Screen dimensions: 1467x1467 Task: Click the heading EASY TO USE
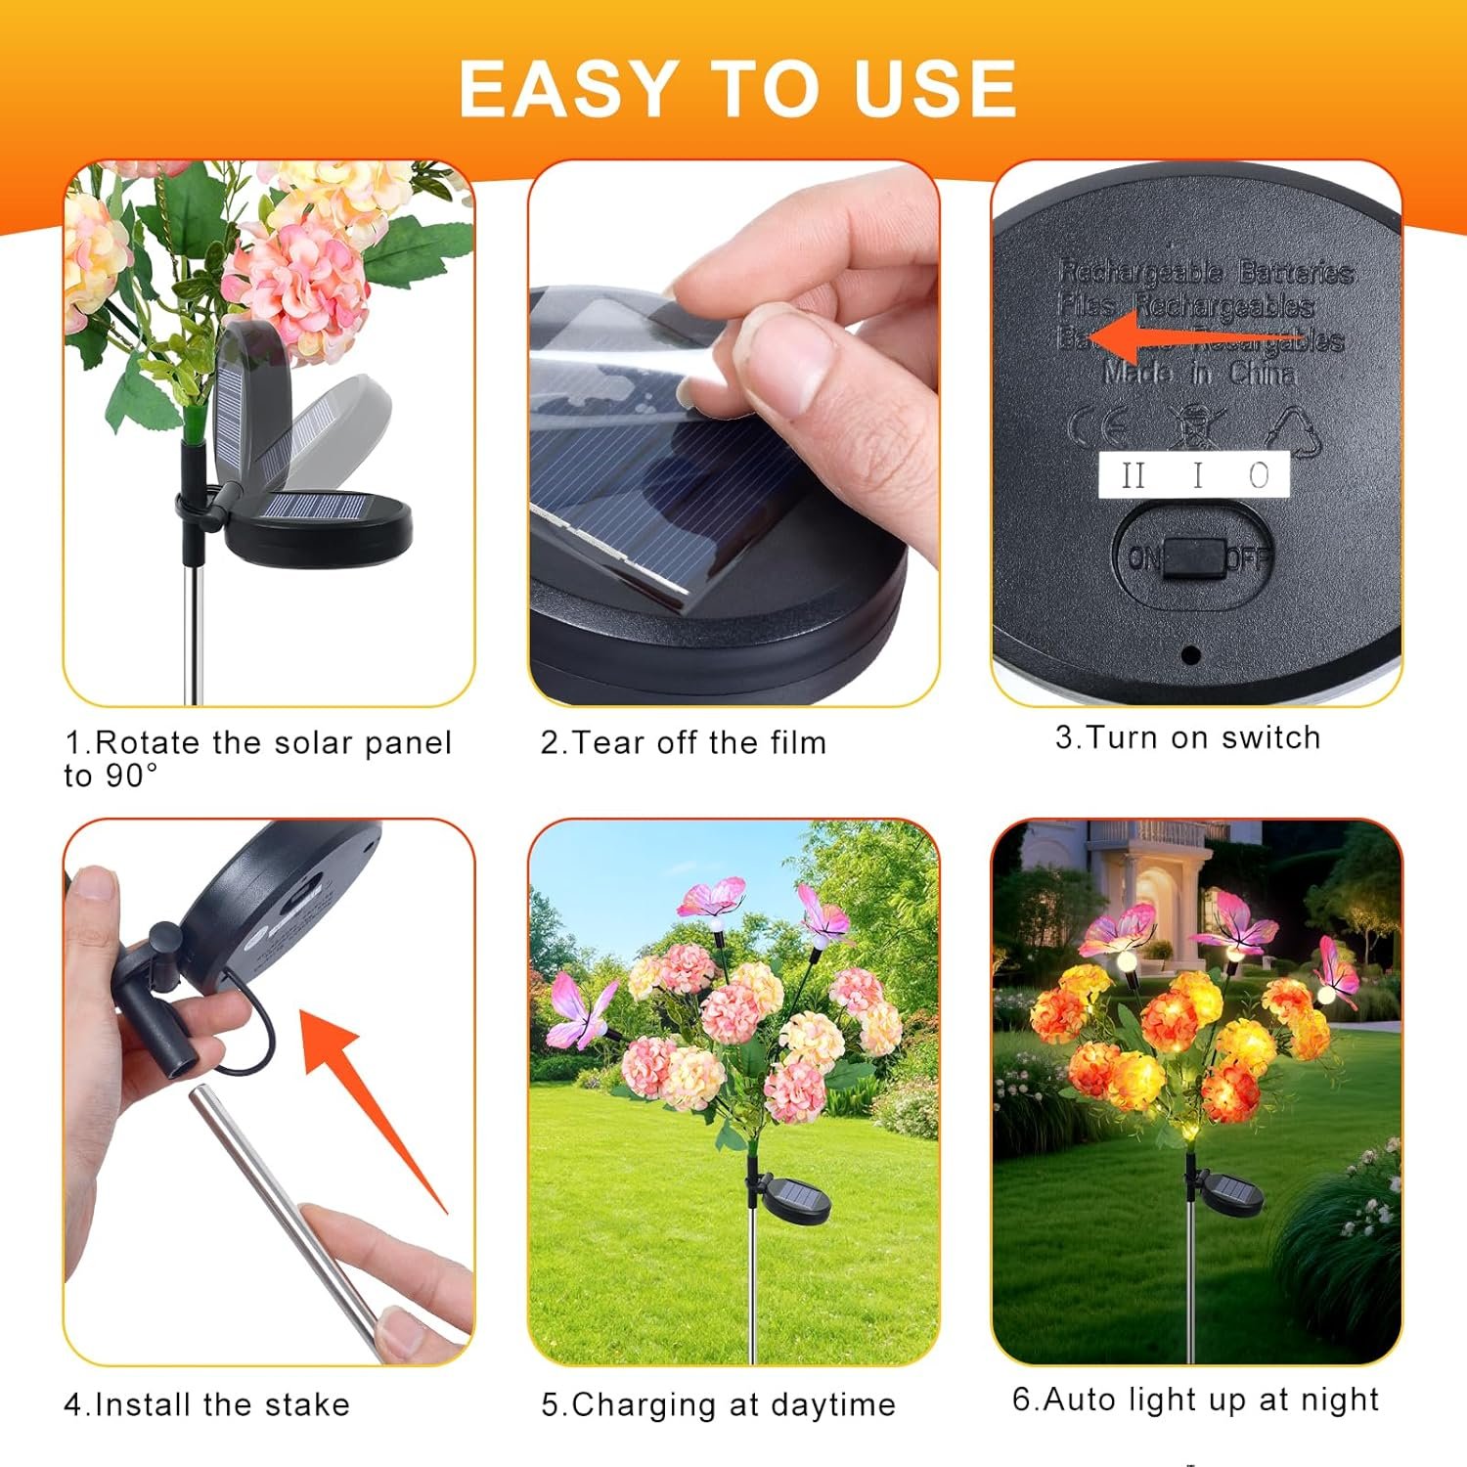point(737,89)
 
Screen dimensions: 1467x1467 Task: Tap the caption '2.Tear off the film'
point(684,742)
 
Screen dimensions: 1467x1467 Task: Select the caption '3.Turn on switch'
point(1187,737)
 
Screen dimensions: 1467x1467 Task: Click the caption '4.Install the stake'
point(206,1404)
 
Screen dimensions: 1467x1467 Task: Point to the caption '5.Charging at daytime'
point(718,1404)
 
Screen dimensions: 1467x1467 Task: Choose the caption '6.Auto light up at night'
point(1195,1400)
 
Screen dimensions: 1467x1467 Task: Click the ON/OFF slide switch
point(1195,558)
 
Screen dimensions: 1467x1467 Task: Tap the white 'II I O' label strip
point(1194,475)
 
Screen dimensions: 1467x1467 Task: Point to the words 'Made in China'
point(1199,373)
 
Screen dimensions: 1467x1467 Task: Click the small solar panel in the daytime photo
point(794,1197)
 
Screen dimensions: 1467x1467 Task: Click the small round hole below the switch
point(1190,654)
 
